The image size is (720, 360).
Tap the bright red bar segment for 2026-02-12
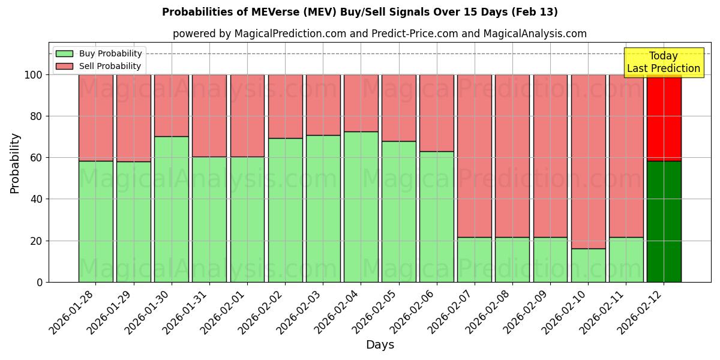coord(664,118)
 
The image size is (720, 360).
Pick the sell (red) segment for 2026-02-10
coord(589,161)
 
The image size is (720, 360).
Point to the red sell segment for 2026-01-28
coord(96,118)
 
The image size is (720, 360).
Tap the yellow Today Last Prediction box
coord(664,62)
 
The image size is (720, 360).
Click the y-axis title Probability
coord(15,163)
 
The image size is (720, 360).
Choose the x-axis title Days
coord(380,345)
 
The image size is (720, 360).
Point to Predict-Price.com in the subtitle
coord(414,34)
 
